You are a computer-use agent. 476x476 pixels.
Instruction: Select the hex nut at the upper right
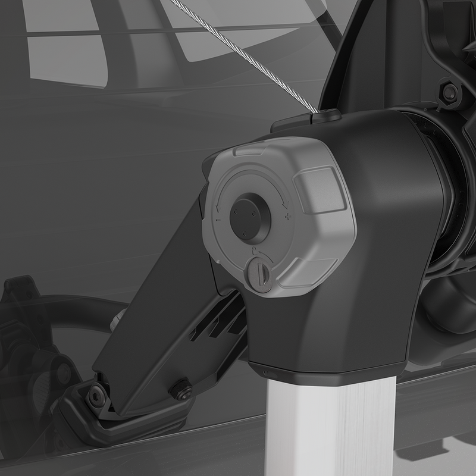450,92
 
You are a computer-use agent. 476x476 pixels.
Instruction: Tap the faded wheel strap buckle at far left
21,297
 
